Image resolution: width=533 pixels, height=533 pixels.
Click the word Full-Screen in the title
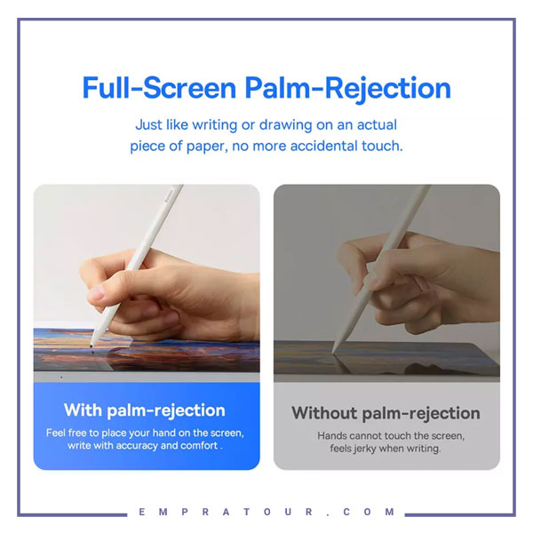[159, 88]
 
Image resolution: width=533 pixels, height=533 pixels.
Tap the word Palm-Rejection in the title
[347, 89]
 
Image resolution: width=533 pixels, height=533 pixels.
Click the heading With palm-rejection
[145, 410]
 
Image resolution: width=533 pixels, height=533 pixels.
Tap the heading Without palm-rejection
[386, 414]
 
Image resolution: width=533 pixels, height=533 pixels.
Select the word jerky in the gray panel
[364, 449]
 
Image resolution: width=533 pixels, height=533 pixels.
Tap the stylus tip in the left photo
[91, 346]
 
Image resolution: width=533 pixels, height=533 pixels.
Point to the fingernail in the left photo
[97, 292]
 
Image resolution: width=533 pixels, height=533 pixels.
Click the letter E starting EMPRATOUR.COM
[142, 512]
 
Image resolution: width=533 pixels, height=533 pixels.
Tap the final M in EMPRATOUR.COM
[390, 512]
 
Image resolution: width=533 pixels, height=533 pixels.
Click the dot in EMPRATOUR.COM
[328, 514]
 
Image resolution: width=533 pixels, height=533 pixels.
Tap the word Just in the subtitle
[148, 124]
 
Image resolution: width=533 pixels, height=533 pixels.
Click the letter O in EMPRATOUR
[267, 512]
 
